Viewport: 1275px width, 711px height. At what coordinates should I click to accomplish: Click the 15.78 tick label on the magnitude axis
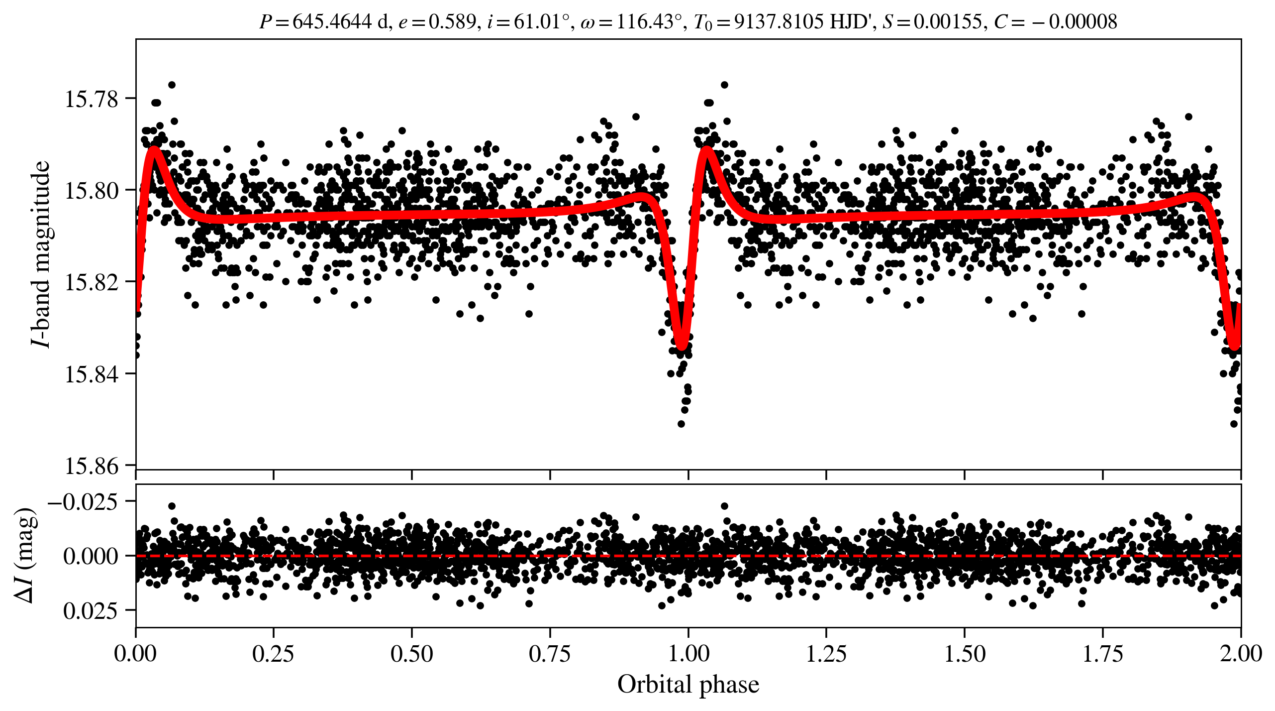(85, 99)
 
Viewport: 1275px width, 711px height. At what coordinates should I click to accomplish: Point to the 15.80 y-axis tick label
(85, 191)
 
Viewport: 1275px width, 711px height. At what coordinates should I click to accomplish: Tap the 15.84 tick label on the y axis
(85, 374)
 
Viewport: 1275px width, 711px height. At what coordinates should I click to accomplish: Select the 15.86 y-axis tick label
(85, 466)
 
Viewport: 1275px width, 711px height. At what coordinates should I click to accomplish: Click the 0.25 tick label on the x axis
(273, 654)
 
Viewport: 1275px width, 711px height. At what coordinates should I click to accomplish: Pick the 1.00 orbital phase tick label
(688, 654)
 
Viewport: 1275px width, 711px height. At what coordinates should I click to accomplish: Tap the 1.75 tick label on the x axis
(1103, 654)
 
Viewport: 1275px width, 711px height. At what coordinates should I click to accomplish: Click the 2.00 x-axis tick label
(1241, 654)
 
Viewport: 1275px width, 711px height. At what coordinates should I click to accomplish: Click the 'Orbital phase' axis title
(688, 685)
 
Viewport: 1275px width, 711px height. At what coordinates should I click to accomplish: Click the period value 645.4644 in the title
(332, 22)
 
